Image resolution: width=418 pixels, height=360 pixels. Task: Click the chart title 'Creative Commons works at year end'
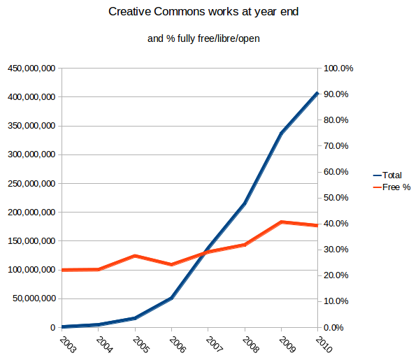[x=208, y=13]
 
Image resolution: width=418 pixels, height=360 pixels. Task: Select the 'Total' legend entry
[x=392, y=175]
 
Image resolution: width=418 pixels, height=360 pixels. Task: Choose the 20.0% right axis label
[x=337, y=275]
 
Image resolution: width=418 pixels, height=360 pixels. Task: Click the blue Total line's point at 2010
[x=317, y=93]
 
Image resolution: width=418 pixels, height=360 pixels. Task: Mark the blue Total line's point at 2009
[x=281, y=133]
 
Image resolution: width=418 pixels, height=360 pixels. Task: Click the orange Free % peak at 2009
[x=281, y=222]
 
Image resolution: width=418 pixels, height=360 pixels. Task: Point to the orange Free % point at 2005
[x=135, y=256]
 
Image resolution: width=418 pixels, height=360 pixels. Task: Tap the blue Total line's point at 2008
[x=245, y=203]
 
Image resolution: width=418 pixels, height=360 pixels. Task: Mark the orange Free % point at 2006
[x=171, y=264]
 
